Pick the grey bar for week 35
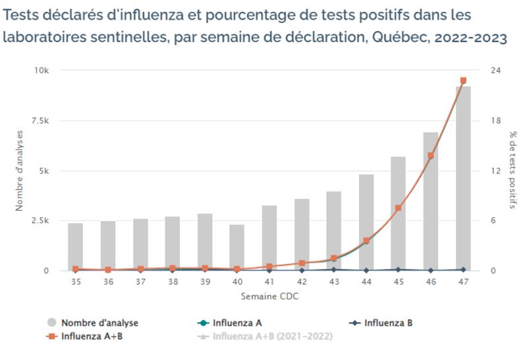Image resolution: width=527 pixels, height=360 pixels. pos(76,247)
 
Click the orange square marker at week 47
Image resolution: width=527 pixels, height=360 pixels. pos(463,80)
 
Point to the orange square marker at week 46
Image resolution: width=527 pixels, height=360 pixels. pos(431,156)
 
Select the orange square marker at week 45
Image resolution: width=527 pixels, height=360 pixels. pos(399,208)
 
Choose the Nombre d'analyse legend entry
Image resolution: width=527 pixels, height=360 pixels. pos(99,323)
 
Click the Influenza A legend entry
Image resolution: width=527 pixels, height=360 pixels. pos(238,323)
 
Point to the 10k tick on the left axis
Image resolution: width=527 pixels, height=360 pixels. pos(50,70)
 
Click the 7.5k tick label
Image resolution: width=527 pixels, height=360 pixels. pos(48,120)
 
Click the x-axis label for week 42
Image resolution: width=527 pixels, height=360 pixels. pos(302,281)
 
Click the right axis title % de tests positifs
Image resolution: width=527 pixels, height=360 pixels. pos(513,170)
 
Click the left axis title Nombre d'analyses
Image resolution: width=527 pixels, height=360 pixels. pos(20,170)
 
